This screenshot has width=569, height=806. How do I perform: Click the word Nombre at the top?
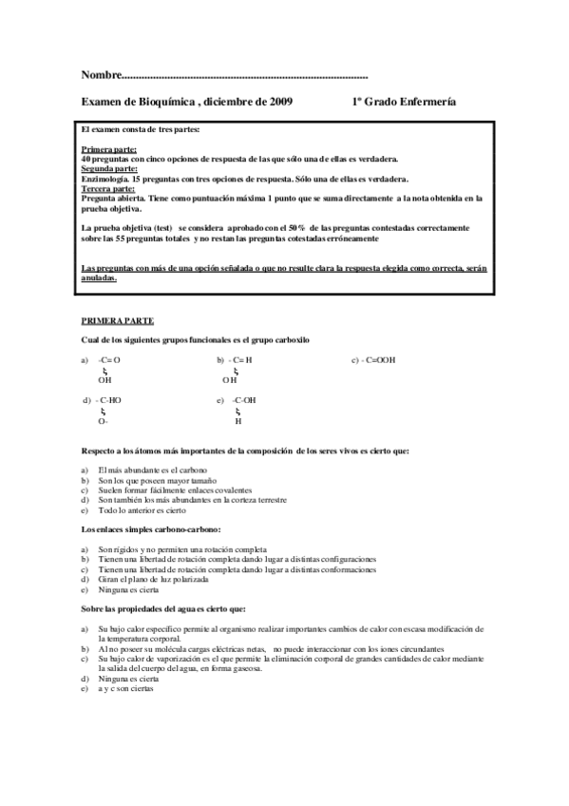[x=102, y=74]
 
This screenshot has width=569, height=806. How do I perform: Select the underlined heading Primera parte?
[x=109, y=150]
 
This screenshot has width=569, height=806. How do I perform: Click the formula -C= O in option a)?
[x=109, y=360]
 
